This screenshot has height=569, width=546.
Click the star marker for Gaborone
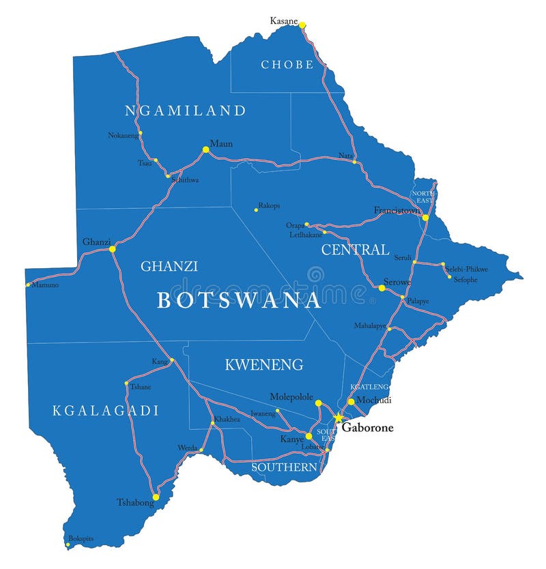(x=337, y=418)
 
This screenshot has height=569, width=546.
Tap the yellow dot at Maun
(x=205, y=149)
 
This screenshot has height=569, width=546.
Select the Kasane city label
(x=284, y=21)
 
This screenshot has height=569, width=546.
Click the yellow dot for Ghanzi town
(x=113, y=249)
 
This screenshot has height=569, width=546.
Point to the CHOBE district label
(x=287, y=65)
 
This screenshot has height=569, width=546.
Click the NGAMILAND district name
(x=185, y=111)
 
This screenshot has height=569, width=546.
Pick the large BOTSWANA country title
(x=239, y=300)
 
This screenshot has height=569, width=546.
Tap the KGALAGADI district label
(x=106, y=411)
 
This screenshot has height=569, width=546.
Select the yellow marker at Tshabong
(x=156, y=497)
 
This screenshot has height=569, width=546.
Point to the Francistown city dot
(x=425, y=218)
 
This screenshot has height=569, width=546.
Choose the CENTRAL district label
(x=355, y=250)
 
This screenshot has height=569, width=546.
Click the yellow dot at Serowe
(x=382, y=289)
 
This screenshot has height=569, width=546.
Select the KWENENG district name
(x=264, y=365)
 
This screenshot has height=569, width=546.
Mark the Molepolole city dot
(x=318, y=403)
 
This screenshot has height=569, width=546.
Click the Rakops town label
(x=269, y=205)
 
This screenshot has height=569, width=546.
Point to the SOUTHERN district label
(x=284, y=467)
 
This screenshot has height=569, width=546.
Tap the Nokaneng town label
(x=123, y=135)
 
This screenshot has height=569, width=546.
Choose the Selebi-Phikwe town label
(x=467, y=269)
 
